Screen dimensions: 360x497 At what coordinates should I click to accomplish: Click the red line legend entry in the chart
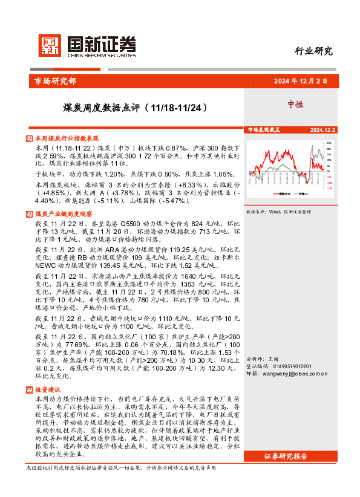click(278, 194)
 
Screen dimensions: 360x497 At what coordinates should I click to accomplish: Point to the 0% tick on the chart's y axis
click(330, 171)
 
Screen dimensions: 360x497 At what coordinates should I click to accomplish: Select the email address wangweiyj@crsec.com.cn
click(295, 374)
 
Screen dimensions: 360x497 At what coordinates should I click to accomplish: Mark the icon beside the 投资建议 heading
click(30, 390)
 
